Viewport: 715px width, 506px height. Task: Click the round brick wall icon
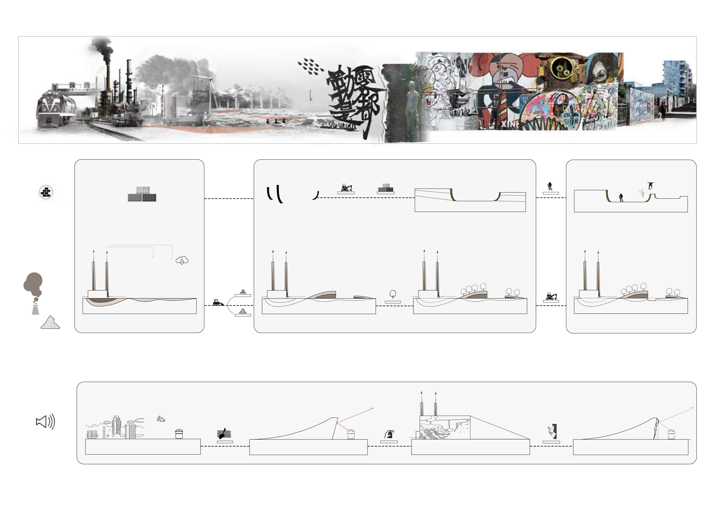[46, 192]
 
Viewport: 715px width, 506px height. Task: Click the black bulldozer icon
[217, 302]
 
